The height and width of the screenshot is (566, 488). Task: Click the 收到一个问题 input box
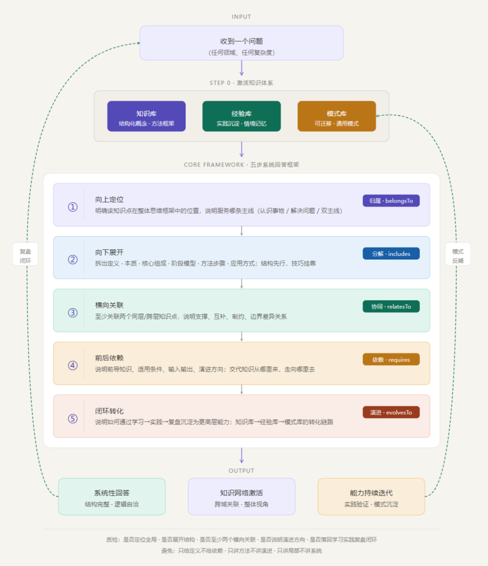click(x=241, y=43)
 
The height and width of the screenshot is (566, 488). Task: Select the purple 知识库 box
click(x=146, y=117)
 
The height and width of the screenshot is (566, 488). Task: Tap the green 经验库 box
click(x=241, y=117)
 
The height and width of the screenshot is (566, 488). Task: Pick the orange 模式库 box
click(x=336, y=117)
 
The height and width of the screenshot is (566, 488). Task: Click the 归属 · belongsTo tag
click(x=391, y=201)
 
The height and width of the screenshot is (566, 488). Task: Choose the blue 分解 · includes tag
click(x=391, y=253)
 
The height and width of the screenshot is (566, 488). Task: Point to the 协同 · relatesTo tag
click(x=391, y=307)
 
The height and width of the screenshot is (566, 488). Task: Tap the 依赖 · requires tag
click(x=391, y=359)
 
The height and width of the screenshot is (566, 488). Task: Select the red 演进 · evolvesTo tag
click(x=391, y=412)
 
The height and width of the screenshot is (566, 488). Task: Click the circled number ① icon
click(x=73, y=207)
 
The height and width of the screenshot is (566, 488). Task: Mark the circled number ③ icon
click(x=73, y=313)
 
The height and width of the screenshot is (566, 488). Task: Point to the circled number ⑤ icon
click(x=73, y=418)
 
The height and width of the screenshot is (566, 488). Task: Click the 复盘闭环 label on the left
click(x=25, y=254)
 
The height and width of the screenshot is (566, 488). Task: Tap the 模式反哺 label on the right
click(x=457, y=254)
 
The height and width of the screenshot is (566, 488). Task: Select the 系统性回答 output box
click(x=111, y=497)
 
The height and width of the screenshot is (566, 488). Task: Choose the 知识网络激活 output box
click(x=241, y=497)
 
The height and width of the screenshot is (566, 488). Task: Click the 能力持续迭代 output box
click(x=371, y=497)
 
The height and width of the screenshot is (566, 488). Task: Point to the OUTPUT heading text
click(x=241, y=471)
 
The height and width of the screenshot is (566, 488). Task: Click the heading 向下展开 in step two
click(x=109, y=252)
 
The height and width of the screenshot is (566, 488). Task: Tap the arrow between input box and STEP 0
click(x=241, y=68)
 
